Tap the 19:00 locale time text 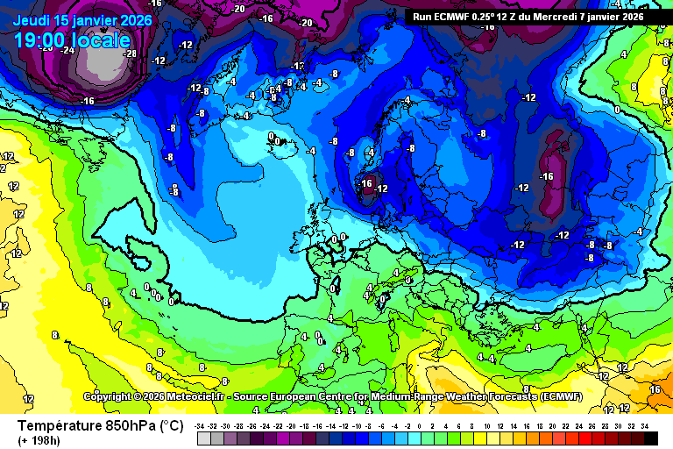(72, 39)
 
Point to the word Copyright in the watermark (109, 396)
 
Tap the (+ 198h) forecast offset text (40, 439)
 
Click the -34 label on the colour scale (202, 425)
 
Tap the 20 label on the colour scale (556, 425)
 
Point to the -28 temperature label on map (130, 53)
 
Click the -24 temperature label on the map (67, 50)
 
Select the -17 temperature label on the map (298, 66)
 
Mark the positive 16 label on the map (655, 388)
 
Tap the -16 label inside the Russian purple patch (547, 176)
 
